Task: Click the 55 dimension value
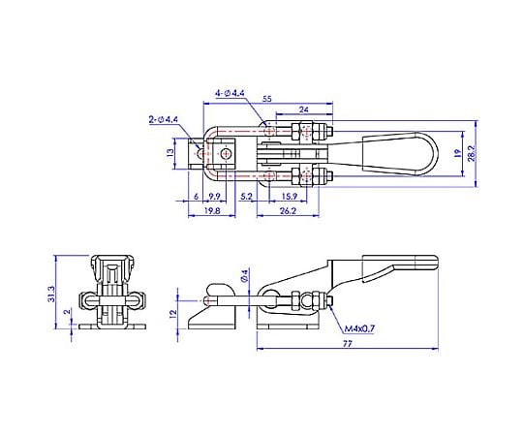pos(267,99)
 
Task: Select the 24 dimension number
pos(303,109)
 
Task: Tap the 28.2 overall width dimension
pos(471,153)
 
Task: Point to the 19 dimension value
pos(457,153)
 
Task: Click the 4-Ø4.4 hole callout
pos(231,93)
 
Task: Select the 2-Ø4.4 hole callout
pos(164,120)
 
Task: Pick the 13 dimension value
pos(170,153)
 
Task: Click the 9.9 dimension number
pos(214,197)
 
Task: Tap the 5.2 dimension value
pos(246,197)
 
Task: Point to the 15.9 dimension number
pos(290,197)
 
